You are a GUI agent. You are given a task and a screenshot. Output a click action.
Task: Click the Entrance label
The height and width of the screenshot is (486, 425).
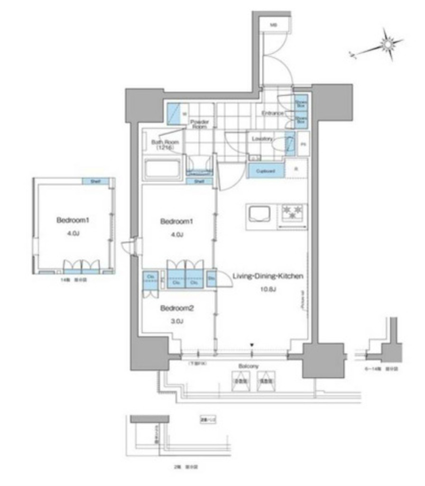[272, 113]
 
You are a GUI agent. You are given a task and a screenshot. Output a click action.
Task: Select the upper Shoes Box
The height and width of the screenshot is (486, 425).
[300, 103]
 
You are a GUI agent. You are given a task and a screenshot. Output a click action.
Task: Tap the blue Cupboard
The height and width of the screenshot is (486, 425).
[266, 170]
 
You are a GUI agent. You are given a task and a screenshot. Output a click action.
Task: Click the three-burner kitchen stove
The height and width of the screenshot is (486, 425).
[294, 212]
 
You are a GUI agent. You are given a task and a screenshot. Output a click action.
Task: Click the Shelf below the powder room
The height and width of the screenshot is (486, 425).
[199, 181]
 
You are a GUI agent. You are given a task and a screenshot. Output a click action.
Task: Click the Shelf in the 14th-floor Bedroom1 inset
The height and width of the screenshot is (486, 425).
[95, 181]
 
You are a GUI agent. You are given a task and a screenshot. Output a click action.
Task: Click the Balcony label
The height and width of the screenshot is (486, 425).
[249, 366]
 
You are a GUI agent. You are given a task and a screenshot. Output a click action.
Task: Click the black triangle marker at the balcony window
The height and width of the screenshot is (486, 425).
[252, 345]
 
